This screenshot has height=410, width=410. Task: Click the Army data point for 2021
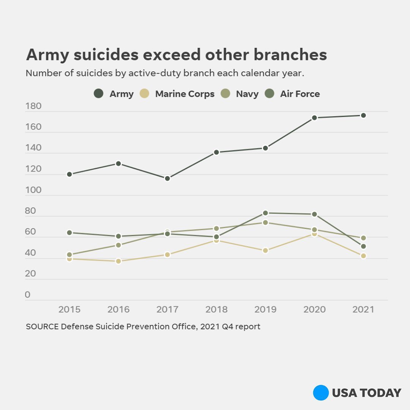pyautogui.click(x=363, y=115)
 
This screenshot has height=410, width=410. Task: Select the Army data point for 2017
pyautogui.click(x=167, y=178)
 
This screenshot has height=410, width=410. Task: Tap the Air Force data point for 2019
pyautogui.click(x=265, y=213)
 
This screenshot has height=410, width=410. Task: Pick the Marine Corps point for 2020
pyautogui.click(x=314, y=234)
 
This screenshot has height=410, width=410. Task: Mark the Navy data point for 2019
pyautogui.click(x=265, y=222)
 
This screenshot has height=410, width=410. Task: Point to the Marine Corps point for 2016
pyautogui.click(x=118, y=261)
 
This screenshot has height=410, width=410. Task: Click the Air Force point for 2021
pyautogui.click(x=363, y=246)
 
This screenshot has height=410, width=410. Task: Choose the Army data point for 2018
pyautogui.click(x=216, y=152)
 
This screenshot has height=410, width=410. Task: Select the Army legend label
pyautogui.click(x=121, y=94)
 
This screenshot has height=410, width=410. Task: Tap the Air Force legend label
pyautogui.click(x=300, y=94)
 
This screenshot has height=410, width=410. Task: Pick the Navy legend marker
pyautogui.click(x=225, y=93)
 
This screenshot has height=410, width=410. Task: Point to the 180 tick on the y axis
pyautogui.click(x=33, y=106)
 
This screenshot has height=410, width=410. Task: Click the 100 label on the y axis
pyautogui.click(x=33, y=190)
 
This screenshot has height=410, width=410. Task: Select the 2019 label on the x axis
pyautogui.click(x=265, y=309)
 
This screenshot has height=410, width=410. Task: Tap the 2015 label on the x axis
pyautogui.click(x=69, y=309)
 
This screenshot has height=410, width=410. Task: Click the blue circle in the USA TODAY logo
pyautogui.click(x=321, y=393)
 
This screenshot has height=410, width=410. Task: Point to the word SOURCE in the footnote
pyautogui.click(x=42, y=326)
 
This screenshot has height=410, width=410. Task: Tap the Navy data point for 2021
pyautogui.click(x=363, y=238)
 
